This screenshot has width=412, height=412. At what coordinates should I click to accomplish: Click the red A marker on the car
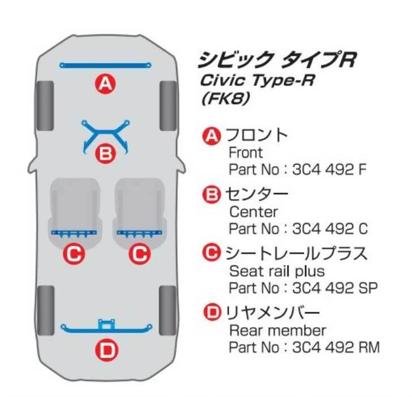coord(105,85)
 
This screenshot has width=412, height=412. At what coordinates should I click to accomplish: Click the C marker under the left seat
coord(74,254)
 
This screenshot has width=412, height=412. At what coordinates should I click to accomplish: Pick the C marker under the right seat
coord(139,254)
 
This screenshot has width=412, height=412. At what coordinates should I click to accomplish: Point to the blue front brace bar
coord(105,66)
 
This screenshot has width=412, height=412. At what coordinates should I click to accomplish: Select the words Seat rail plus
coord(277,271)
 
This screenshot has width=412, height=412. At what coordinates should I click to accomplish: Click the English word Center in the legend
coord(254,212)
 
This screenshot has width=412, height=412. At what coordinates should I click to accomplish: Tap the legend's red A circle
coord(211,136)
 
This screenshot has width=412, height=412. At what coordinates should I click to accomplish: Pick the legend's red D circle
coord(211,312)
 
